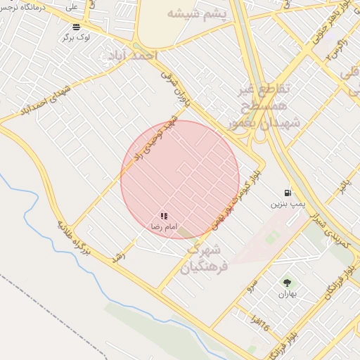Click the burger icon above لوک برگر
[x=76, y=27]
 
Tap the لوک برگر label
[x=76, y=37]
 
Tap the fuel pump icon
[x=287, y=193]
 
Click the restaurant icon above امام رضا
[x=164, y=217]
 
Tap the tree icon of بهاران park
[x=286, y=283]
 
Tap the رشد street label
[x=119, y=257]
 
